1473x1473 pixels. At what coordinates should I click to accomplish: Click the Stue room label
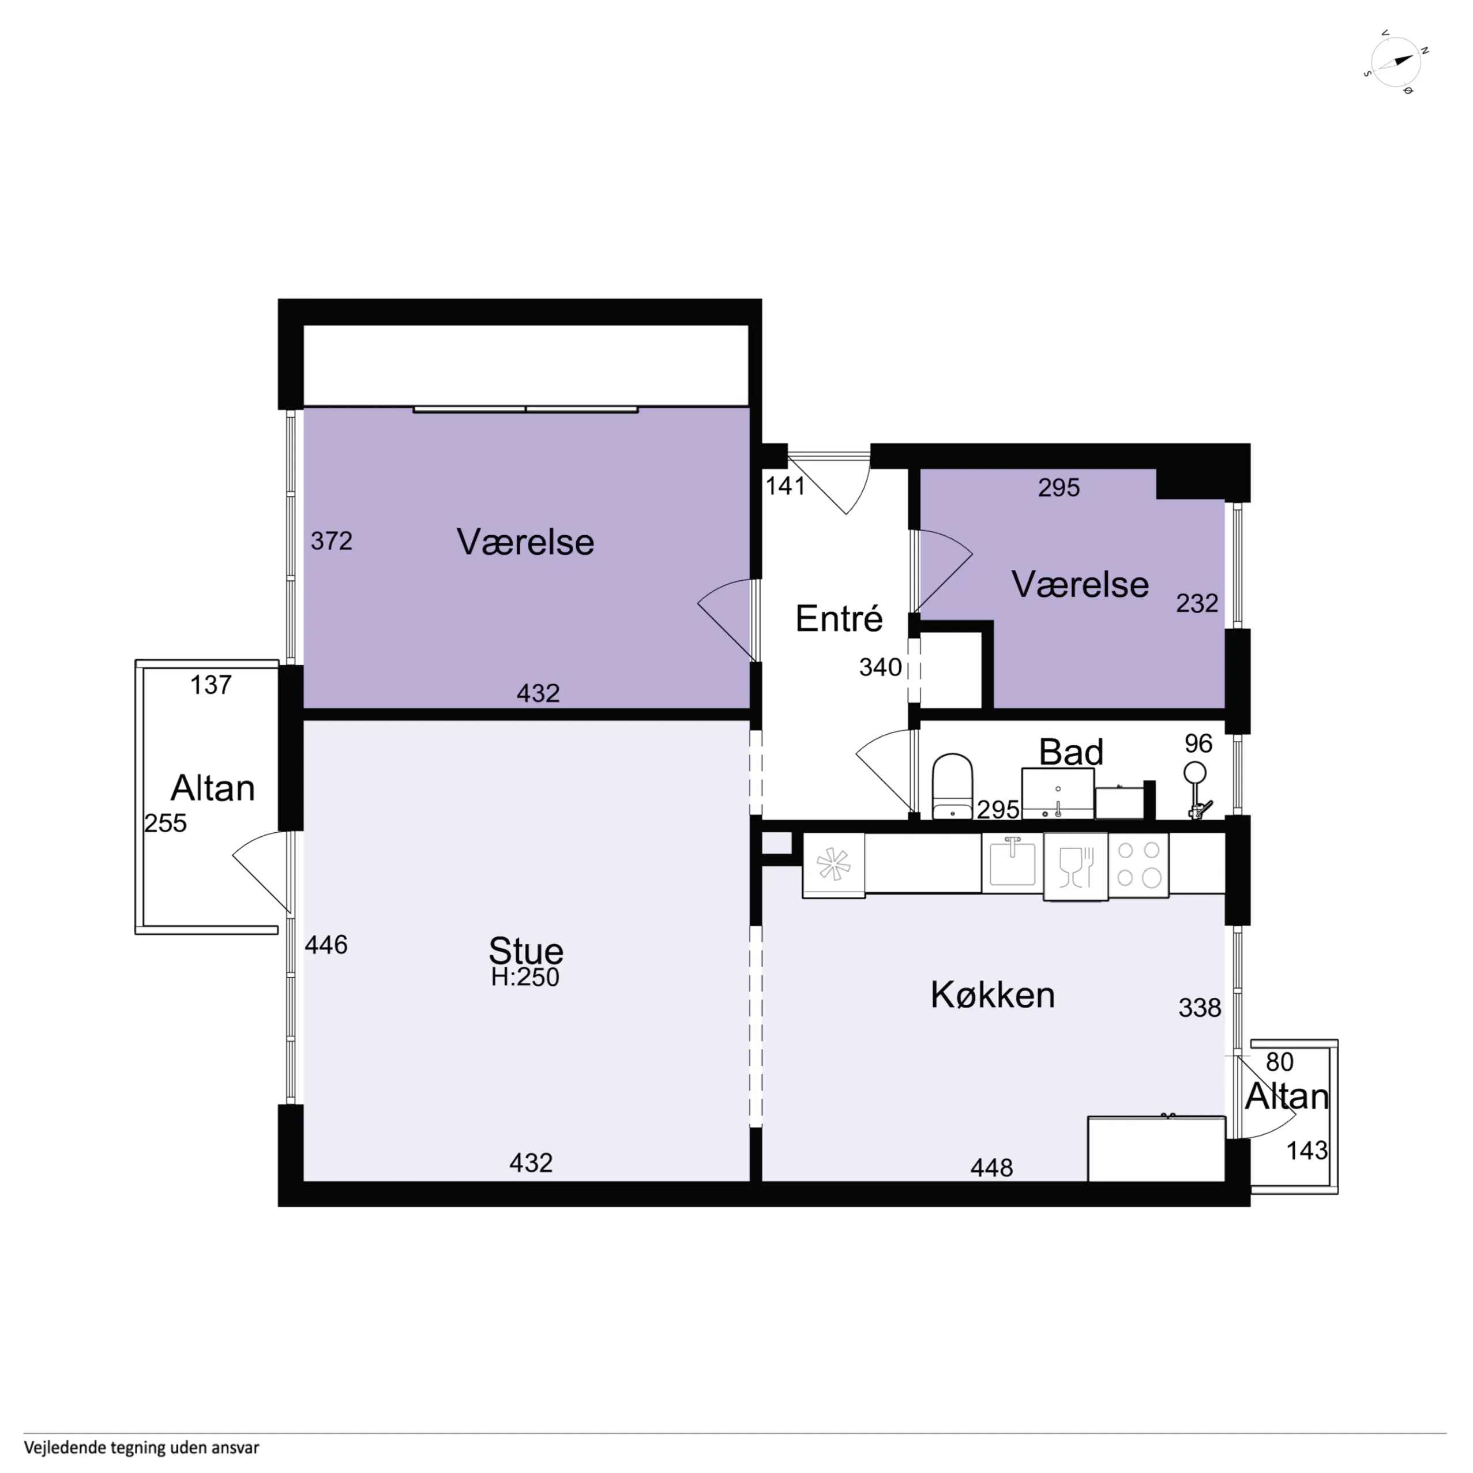pos(526,950)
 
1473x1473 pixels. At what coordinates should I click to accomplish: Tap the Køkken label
pos(993,995)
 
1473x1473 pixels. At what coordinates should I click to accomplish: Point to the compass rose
pos(1395,62)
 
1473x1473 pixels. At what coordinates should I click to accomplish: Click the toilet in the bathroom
pos(952,786)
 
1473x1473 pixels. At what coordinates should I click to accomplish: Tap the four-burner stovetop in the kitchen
pos(1139,865)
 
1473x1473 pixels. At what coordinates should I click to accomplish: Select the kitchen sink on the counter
pos(1013,863)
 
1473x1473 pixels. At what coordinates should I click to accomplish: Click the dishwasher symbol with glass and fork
pos(1076,867)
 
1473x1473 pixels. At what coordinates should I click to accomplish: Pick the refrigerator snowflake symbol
pos(833,865)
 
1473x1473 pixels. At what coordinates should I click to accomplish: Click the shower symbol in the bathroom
pos(1197,790)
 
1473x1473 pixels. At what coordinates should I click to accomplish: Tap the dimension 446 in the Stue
pos(326,945)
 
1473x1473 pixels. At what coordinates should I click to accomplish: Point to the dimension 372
pos(332,542)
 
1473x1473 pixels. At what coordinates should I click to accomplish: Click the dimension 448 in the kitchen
pos(992,1167)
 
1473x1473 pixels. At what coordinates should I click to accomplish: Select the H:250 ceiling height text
pos(525,978)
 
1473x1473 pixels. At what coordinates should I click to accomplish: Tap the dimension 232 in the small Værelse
pos(1197,604)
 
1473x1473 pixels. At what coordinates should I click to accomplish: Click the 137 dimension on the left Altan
pos(211,685)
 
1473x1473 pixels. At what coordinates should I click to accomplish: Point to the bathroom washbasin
pos(1058,793)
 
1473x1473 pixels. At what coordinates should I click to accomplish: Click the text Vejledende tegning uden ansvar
pos(142,1447)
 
